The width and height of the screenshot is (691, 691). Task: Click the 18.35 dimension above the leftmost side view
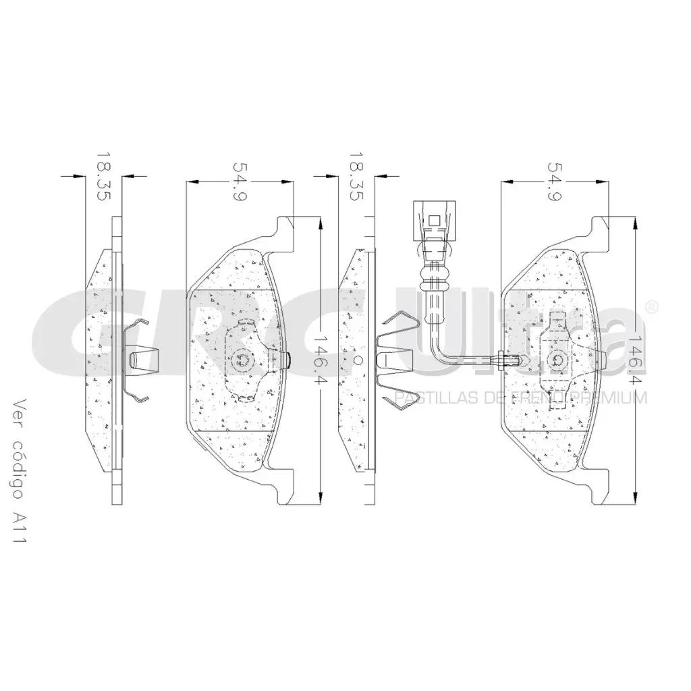pyautogui.click(x=103, y=176)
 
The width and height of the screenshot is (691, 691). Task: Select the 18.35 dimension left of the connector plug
pyautogui.click(x=356, y=176)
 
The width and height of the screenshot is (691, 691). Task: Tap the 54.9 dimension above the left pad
pyautogui.click(x=240, y=181)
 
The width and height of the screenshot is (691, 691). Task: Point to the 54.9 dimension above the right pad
pyautogui.click(x=555, y=181)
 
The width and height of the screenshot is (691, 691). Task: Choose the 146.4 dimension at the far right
pyautogui.click(x=636, y=360)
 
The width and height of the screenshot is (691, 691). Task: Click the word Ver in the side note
pyautogui.click(x=18, y=414)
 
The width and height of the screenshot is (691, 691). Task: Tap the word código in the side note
pyautogui.click(x=18, y=469)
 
